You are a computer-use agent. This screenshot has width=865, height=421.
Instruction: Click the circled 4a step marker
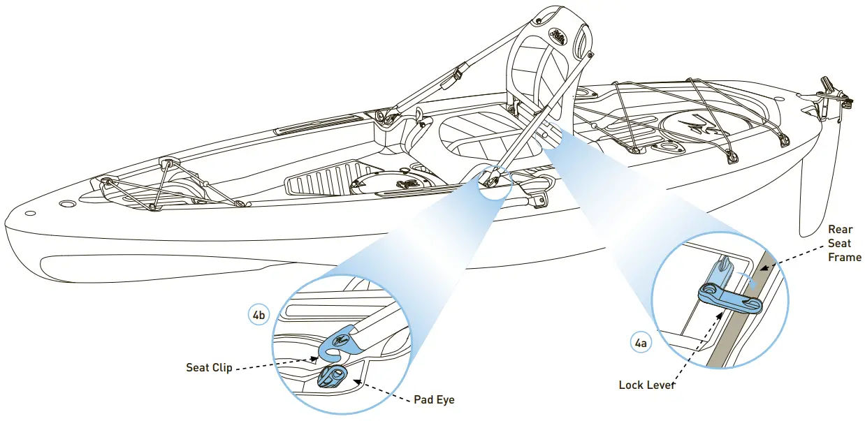(640, 343)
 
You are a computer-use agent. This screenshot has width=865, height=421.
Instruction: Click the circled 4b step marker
(259, 315)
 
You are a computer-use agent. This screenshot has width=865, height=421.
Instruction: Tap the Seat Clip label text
(209, 367)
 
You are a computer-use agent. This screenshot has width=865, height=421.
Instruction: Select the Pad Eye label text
(434, 400)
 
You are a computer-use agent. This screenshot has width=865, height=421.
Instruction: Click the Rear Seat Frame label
(844, 243)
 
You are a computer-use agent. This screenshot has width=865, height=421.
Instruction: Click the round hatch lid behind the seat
(706, 127)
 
